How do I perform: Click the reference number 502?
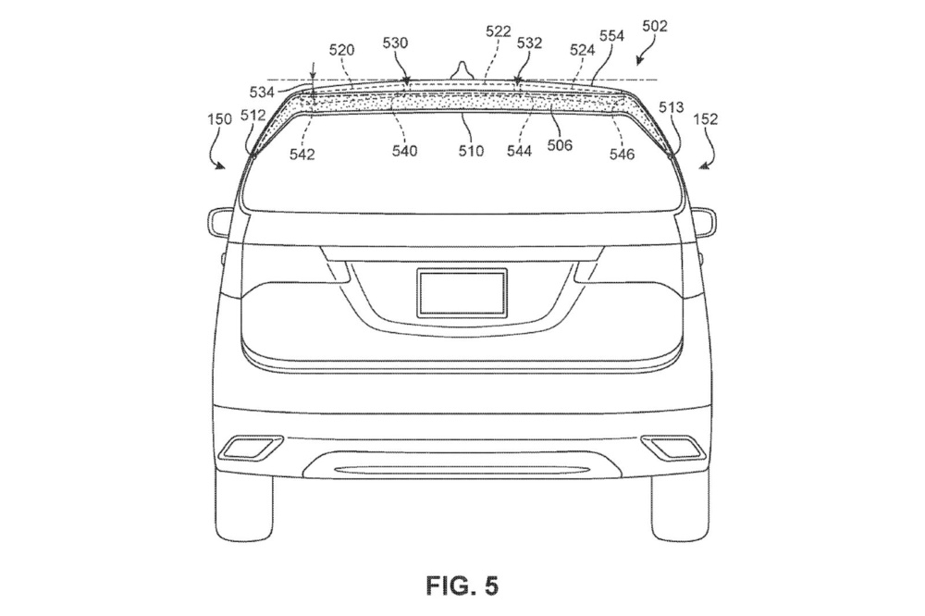(x=655, y=29)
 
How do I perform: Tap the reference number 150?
(x=219, y=120)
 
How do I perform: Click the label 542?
(x=302, y=154)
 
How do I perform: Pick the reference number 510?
(x=471, y=151)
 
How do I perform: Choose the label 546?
(x=622, y=154)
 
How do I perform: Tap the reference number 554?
(x=611, y=36)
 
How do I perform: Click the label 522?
(x=498, y=31)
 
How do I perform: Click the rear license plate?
(x=462, y=292)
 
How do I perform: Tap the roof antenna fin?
(x=460, y=70)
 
